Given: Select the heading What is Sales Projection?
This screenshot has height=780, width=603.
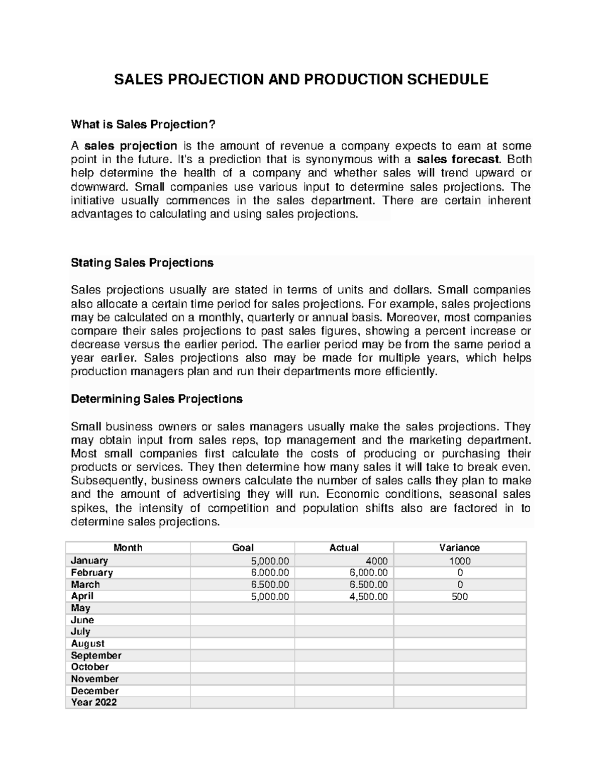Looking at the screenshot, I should (146, 124).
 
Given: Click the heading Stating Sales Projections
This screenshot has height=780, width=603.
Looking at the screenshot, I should (142, 263).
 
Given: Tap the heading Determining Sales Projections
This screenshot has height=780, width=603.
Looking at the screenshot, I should (157, 399).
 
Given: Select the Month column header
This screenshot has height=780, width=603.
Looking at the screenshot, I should (128, 547).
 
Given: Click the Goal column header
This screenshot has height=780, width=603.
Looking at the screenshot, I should (242, 547).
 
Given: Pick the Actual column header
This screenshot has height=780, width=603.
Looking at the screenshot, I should (344, 547).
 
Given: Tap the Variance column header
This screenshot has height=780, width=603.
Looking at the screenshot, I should (459, 547).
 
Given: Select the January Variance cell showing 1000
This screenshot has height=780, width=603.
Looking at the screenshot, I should (459, 561).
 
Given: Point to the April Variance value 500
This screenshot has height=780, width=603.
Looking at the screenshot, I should (459, 596).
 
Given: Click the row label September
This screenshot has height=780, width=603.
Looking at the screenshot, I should (96, 655).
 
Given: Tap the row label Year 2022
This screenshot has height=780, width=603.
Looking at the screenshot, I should (93, 702).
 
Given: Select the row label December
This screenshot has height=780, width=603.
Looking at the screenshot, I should (94, 691).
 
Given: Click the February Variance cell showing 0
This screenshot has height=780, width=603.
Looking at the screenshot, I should (459, 573).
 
